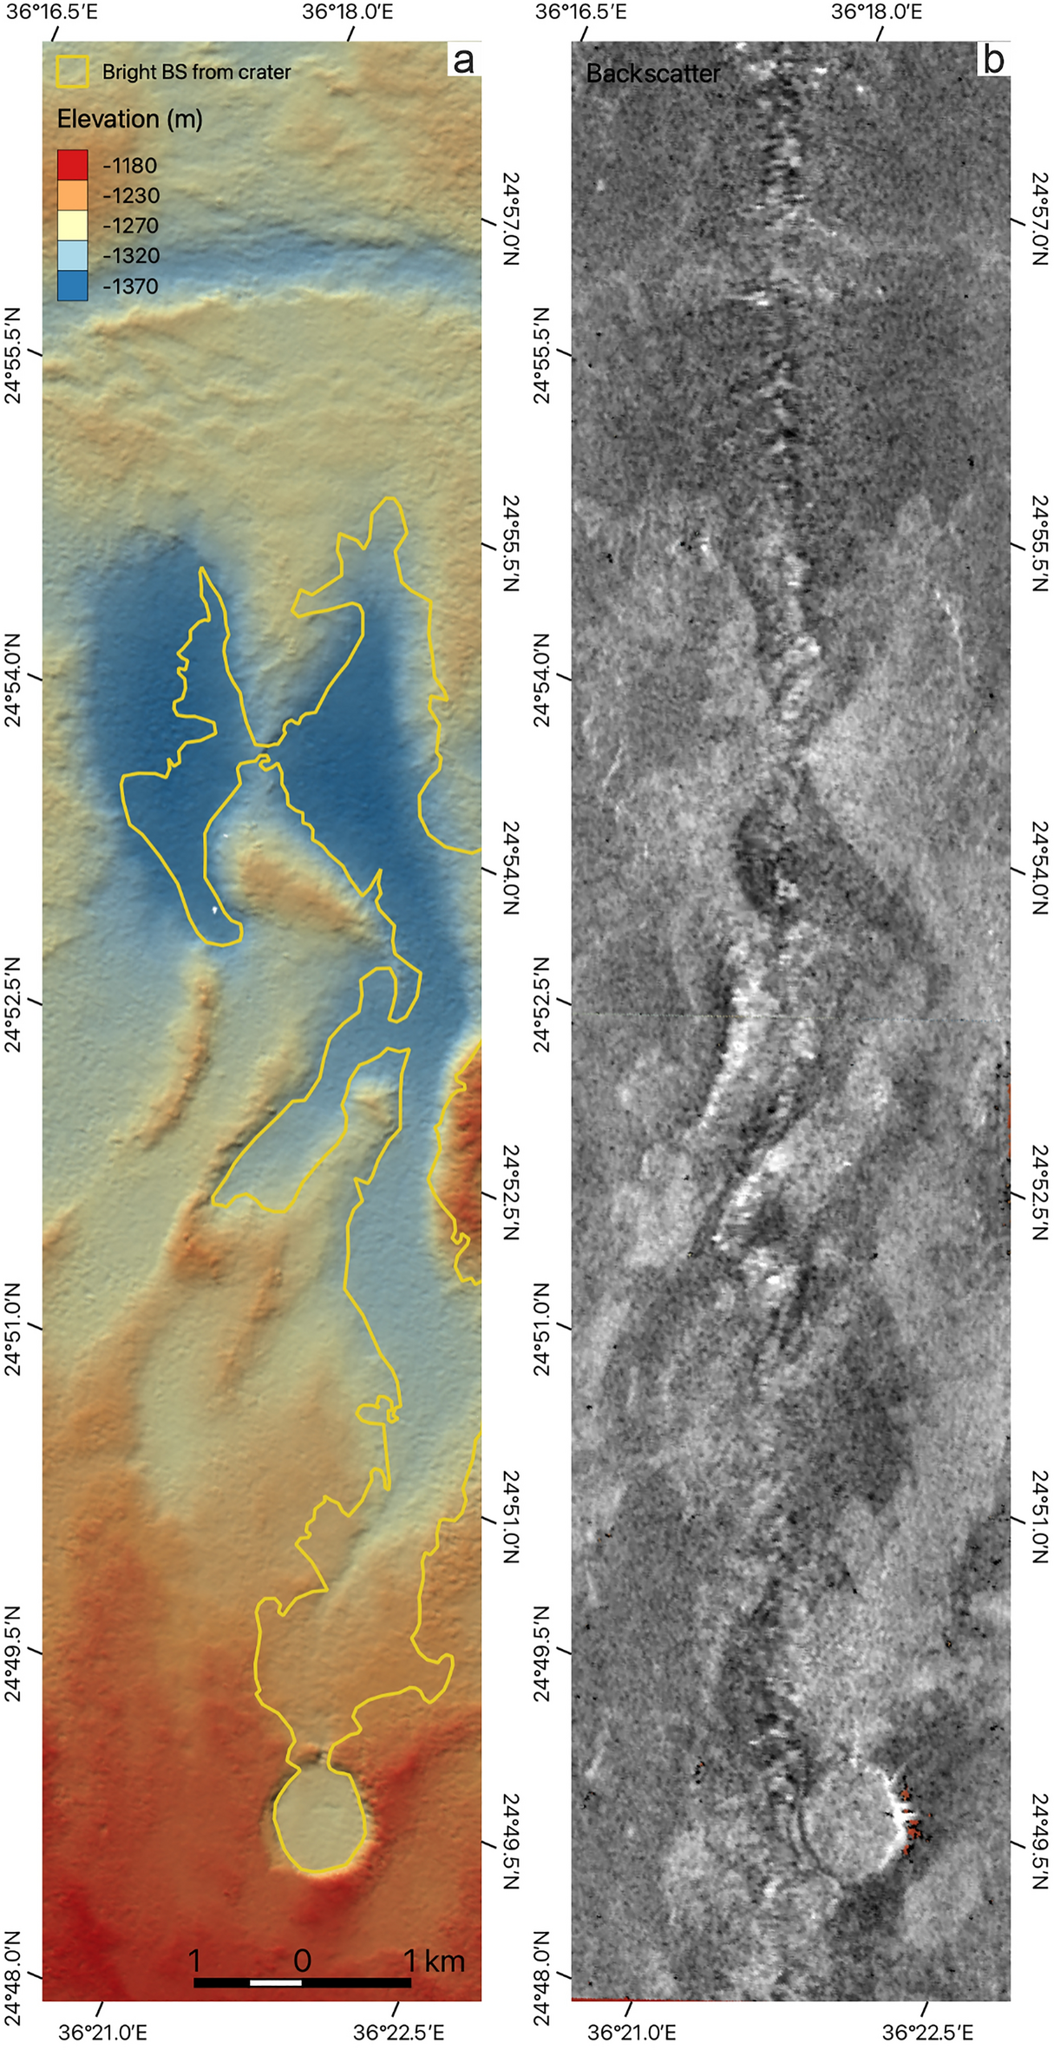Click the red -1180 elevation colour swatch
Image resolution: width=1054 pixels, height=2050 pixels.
72,165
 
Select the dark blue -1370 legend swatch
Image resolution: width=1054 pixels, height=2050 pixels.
72,286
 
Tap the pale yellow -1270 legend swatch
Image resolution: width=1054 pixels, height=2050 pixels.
72,226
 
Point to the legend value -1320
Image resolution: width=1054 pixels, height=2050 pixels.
130,256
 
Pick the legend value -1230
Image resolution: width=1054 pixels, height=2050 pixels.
130,195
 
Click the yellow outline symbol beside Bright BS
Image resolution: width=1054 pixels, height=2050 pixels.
72,72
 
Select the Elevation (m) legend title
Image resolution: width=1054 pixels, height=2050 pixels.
129,119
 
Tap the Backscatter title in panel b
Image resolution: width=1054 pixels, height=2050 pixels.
652,74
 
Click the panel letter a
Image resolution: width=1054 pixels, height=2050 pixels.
463,61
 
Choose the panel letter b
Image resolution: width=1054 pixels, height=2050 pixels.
992,61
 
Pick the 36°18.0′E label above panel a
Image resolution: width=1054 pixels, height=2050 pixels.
348,11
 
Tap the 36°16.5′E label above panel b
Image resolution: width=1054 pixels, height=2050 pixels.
581,11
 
